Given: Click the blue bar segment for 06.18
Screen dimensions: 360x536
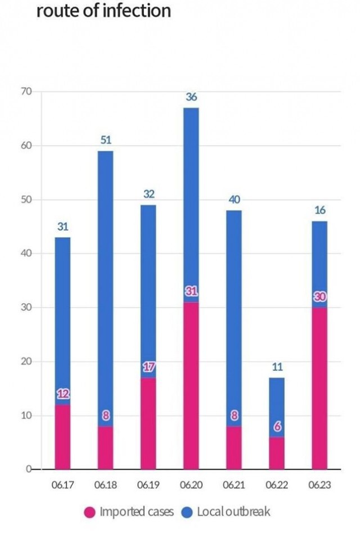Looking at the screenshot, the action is pyautogui.click(x=105, y=289).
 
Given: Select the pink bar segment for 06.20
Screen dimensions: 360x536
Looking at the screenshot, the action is pyautogui.click(x=191, y=386).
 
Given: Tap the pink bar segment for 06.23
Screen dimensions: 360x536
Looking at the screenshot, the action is pyautogui.click(x=319, y=388).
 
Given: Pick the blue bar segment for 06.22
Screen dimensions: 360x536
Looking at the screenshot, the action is pyautogui.click(x=277, y=407).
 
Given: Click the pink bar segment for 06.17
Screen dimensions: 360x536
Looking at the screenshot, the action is pyautogui.click(x=62, y=437).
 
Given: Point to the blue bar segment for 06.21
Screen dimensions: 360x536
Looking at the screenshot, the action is pyautogui.click(x=234, y=318).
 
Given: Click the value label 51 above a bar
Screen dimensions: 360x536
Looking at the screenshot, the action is pyautogui.click(x=106, y=140).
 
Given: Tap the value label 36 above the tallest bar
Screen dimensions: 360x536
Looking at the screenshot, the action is pyautogui.click(x=191, y=97).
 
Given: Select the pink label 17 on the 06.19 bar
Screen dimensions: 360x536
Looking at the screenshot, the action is pyautogui.click(x=148, y=367).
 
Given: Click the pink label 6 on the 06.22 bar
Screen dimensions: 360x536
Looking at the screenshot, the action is pyautogui.click(x=277, y=427).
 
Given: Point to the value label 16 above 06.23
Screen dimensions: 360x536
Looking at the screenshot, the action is pyautogui.click(x=320, y=210).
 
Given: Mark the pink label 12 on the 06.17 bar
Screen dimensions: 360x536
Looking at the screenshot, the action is pyautogui.click(x=63, y=394).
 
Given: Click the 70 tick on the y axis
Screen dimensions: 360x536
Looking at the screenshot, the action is pyautogui.click(x=26, y=91).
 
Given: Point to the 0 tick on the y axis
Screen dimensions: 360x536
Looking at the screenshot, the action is pyautogui.click(x=29, y=469).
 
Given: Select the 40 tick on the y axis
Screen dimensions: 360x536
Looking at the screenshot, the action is pyautogui.click(x=26, y=253).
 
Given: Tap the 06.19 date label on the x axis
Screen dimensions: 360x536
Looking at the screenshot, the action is pyautogui.click(x=148, y=485).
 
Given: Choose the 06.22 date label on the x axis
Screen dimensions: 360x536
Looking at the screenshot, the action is pyautogui.click(x=277, y=485).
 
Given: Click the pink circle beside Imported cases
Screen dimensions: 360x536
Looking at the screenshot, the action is pyautogui.click(x=90, y=512).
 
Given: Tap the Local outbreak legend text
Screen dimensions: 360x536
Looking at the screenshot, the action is pyautogui.click(x=233, y=512).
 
